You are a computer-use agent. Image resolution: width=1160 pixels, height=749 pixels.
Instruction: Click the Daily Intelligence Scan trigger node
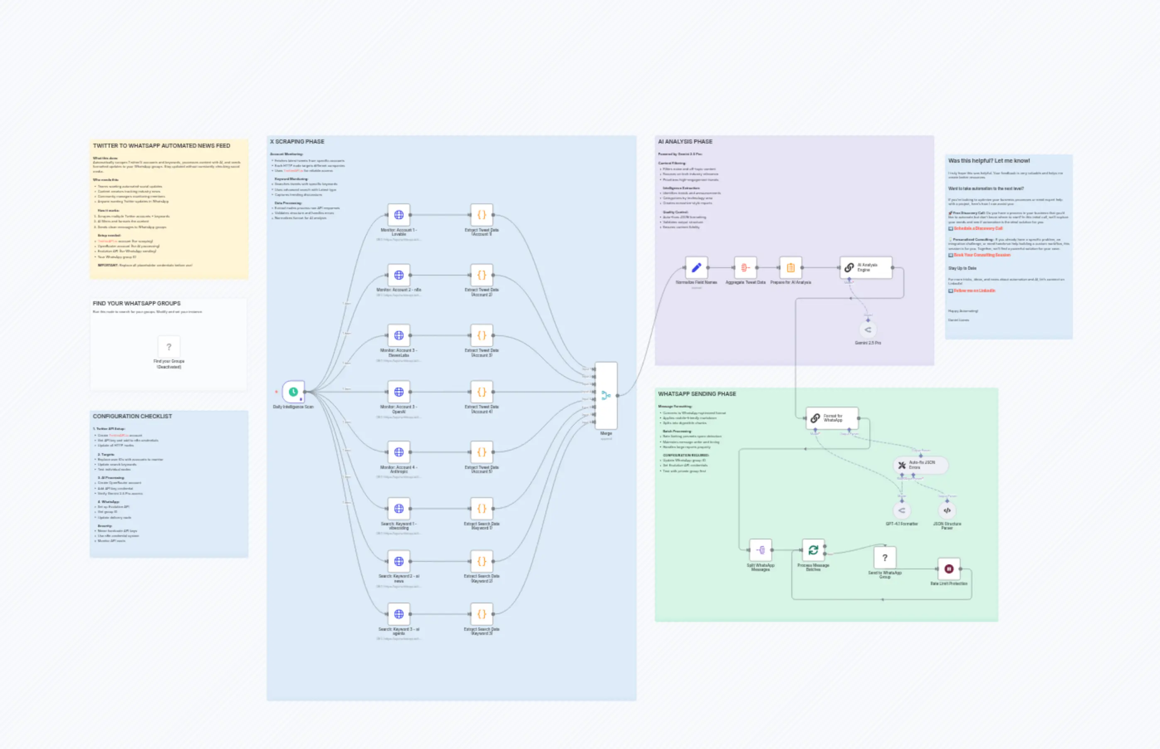point(293,392)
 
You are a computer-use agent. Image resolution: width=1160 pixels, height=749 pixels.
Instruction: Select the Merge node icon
point(606,395)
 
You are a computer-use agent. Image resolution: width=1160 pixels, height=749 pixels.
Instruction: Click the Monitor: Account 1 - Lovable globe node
point(399,215)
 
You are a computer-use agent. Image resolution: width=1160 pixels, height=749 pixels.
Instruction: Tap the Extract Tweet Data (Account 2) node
point(481,275)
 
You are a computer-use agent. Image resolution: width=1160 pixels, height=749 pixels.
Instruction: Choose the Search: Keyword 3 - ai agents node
point(399,614)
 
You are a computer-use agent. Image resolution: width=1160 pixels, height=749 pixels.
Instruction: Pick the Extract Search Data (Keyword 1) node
point(481,508)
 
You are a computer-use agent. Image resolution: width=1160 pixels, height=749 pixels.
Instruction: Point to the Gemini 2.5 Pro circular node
point(868,330)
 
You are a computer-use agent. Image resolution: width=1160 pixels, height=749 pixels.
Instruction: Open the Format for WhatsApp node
point(832,418)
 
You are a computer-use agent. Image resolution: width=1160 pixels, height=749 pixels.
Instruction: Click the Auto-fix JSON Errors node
point(920,465)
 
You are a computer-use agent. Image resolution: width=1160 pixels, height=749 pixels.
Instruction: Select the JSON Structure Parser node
point(947,510)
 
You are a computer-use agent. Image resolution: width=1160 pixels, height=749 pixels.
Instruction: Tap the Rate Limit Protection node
point(948,568)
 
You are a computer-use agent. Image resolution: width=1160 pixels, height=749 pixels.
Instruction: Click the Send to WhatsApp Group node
point(885,558)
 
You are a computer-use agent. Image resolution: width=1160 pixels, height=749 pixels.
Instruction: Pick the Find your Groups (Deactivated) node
point(169,347)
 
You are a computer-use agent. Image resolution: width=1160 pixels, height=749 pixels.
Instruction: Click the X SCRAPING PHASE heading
point(297,142)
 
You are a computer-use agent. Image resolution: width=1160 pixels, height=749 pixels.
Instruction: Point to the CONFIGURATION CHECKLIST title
point(132,416)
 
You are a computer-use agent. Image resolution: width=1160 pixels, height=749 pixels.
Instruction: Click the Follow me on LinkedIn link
point(974,290)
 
